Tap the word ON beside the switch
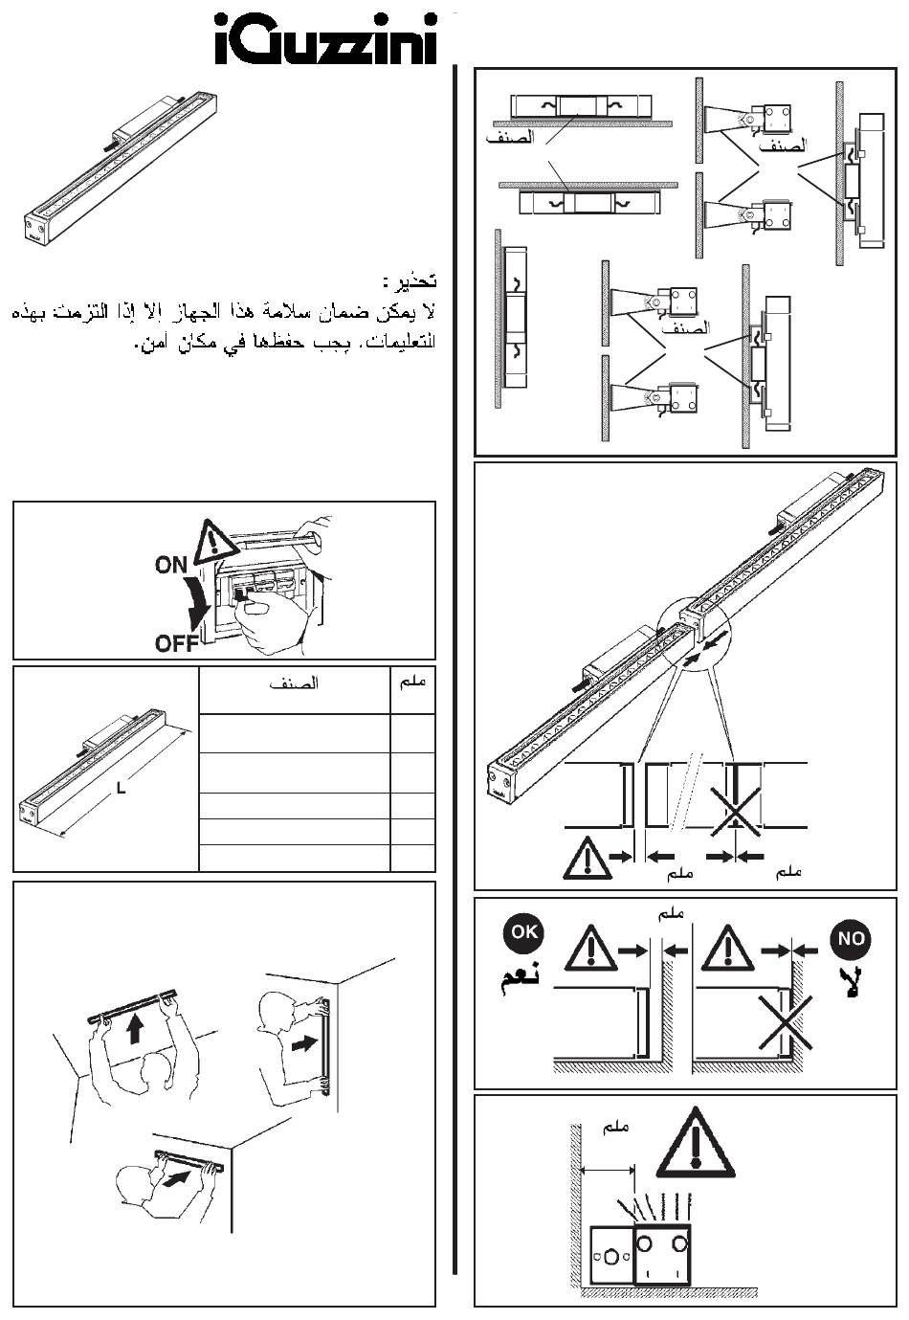[172, 566]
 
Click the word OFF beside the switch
[177, 642]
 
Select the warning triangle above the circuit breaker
[216, 542]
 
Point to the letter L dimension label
[120, 788]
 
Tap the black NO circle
[850, 938]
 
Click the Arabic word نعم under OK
[519, 979]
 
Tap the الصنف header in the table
[294, 683]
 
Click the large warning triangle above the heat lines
[696, 1143]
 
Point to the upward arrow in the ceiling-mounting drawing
[135, 1029]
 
